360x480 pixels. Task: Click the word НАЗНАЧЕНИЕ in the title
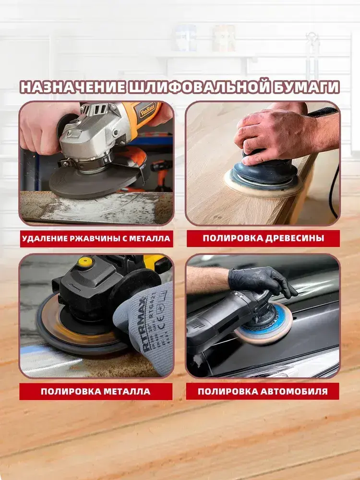click(73, 87)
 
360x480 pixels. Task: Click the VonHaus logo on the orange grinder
click(147, 111)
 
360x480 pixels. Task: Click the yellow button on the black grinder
click(85, 262)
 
